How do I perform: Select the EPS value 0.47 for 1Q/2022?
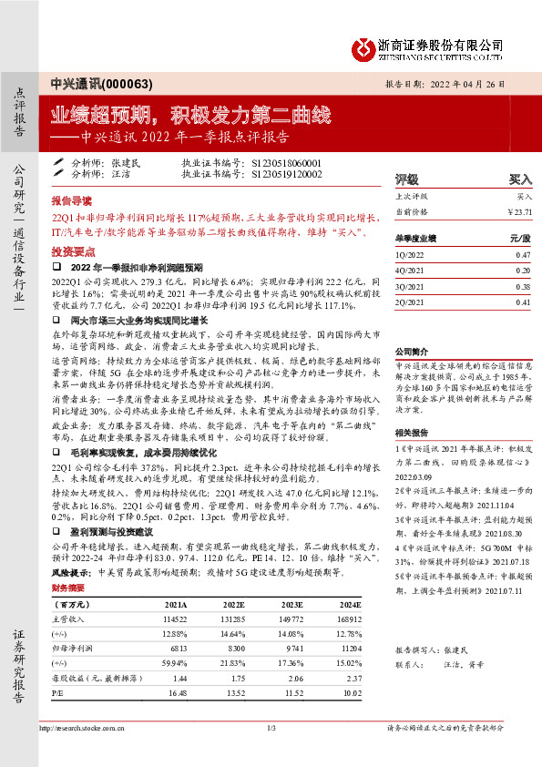(522, 257)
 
